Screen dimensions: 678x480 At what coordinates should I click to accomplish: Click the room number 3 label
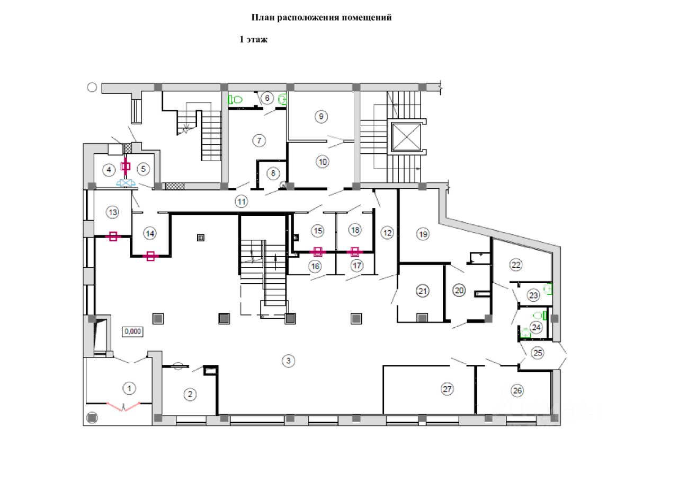click(x=288, y=361)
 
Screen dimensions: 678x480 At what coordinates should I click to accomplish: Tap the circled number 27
click(x=448, y=389)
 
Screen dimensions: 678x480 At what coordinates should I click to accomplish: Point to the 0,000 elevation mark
click(x=132, y=331)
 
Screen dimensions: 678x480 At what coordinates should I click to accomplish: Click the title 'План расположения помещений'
click(x=321, y=18)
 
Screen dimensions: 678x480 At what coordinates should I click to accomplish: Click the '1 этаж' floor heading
click(x=254, y=40)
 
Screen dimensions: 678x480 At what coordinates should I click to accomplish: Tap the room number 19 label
click(x=422, y=234)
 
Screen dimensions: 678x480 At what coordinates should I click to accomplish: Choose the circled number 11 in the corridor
click(x=242, y=202)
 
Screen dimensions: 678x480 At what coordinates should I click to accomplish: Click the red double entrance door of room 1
click(x=123, y=406)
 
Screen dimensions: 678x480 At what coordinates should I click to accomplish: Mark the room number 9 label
click(x=321, y=116)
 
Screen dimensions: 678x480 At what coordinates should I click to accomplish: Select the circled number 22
click(x=516, y=264)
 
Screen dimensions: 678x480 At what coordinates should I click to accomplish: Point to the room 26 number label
click(x=517, y=391)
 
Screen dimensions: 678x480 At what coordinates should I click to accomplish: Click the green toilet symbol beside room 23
click(x=549, y=289)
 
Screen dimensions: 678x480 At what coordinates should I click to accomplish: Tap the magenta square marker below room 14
click(x=150, y=256)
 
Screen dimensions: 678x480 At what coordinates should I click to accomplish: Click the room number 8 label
click(x=272, y=173)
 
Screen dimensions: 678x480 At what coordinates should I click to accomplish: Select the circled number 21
click(x=422, y=291)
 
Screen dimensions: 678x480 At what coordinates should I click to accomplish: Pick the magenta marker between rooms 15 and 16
click(x=317, y=251)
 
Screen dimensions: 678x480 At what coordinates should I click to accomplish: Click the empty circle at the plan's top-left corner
click(x=92, y=88)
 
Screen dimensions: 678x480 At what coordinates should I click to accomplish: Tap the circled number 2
click(x=190, y=394)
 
